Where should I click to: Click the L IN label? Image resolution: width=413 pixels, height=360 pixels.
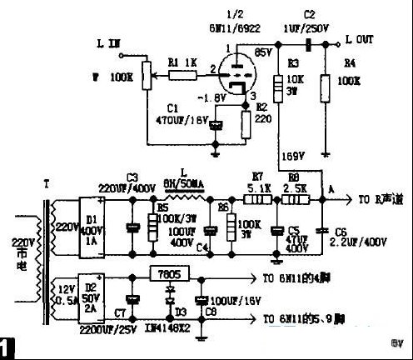pyautogui.click(x=110, y=41)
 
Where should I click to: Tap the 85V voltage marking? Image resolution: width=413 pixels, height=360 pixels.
pyautogui.click(x=262, y=52)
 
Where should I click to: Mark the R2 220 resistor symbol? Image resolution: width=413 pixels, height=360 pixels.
pyautogui.click(x=245, y=124)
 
